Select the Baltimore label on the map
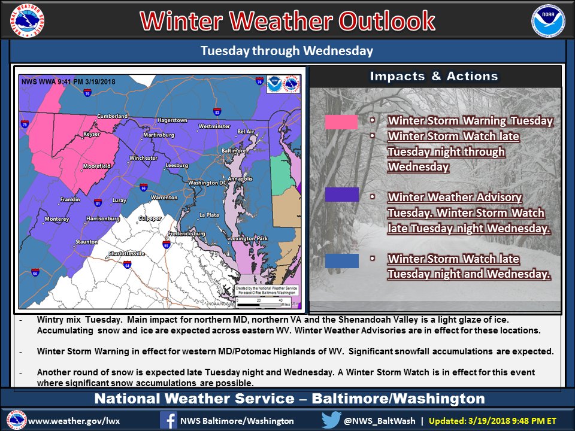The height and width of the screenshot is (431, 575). (x=234, y=150)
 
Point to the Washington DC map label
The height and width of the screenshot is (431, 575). (x=207, y=183)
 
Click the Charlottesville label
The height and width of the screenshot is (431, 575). (x=127, y=253)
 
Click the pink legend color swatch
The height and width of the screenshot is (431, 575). (x=341, y=122)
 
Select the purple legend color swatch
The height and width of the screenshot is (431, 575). (x=341, y=195)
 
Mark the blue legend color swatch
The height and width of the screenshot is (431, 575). (x=341, y=261)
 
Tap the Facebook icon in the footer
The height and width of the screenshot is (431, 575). (x=168, y=420)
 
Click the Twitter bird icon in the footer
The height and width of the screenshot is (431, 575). (x=331, y=420)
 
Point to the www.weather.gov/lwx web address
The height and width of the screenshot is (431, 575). (x=74, y=420)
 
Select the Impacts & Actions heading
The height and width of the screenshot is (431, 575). (x=434, y=76)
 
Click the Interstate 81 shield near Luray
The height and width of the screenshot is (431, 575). (x=98, y=203)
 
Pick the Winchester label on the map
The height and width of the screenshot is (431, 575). (x=143, y=159)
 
